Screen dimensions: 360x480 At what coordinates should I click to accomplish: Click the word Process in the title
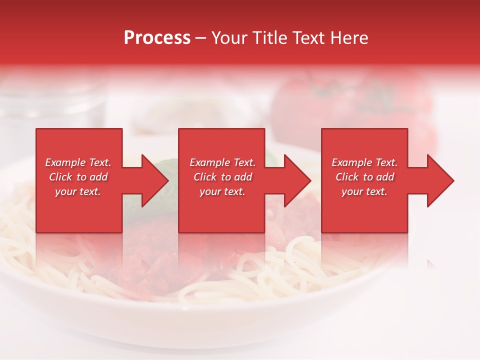(x=157, y=38)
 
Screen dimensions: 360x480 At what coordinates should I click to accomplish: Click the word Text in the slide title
(x=308, y=38)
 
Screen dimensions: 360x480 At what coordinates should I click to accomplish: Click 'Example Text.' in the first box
(x=78, y=162)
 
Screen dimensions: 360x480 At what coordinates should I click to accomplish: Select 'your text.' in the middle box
(x=222, y=191)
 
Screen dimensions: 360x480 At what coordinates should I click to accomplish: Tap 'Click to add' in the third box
(x=364, y=177)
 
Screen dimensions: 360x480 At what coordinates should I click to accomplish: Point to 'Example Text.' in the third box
(x=364, y=162)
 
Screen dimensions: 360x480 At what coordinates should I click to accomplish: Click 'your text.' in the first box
(x=78, y=191)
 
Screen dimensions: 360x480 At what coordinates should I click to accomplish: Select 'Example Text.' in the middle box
(x=222, y=162)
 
